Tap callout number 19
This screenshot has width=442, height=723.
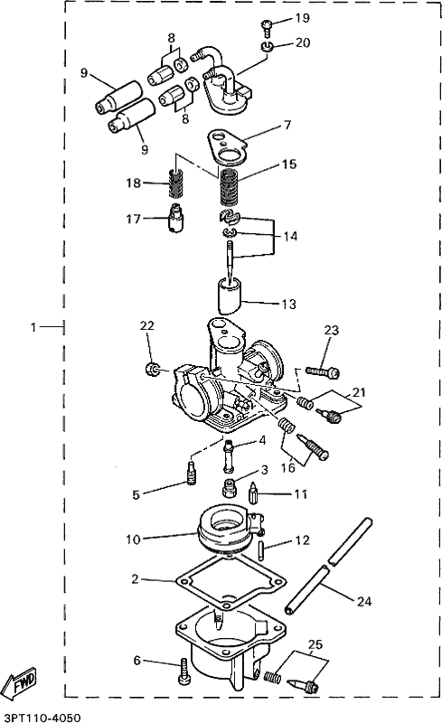point(301,18)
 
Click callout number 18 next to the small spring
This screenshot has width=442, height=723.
point(134,183)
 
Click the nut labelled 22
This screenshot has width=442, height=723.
point(153,369)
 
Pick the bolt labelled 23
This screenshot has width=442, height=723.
point(321,371)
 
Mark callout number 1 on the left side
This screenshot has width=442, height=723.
point(34,327)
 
